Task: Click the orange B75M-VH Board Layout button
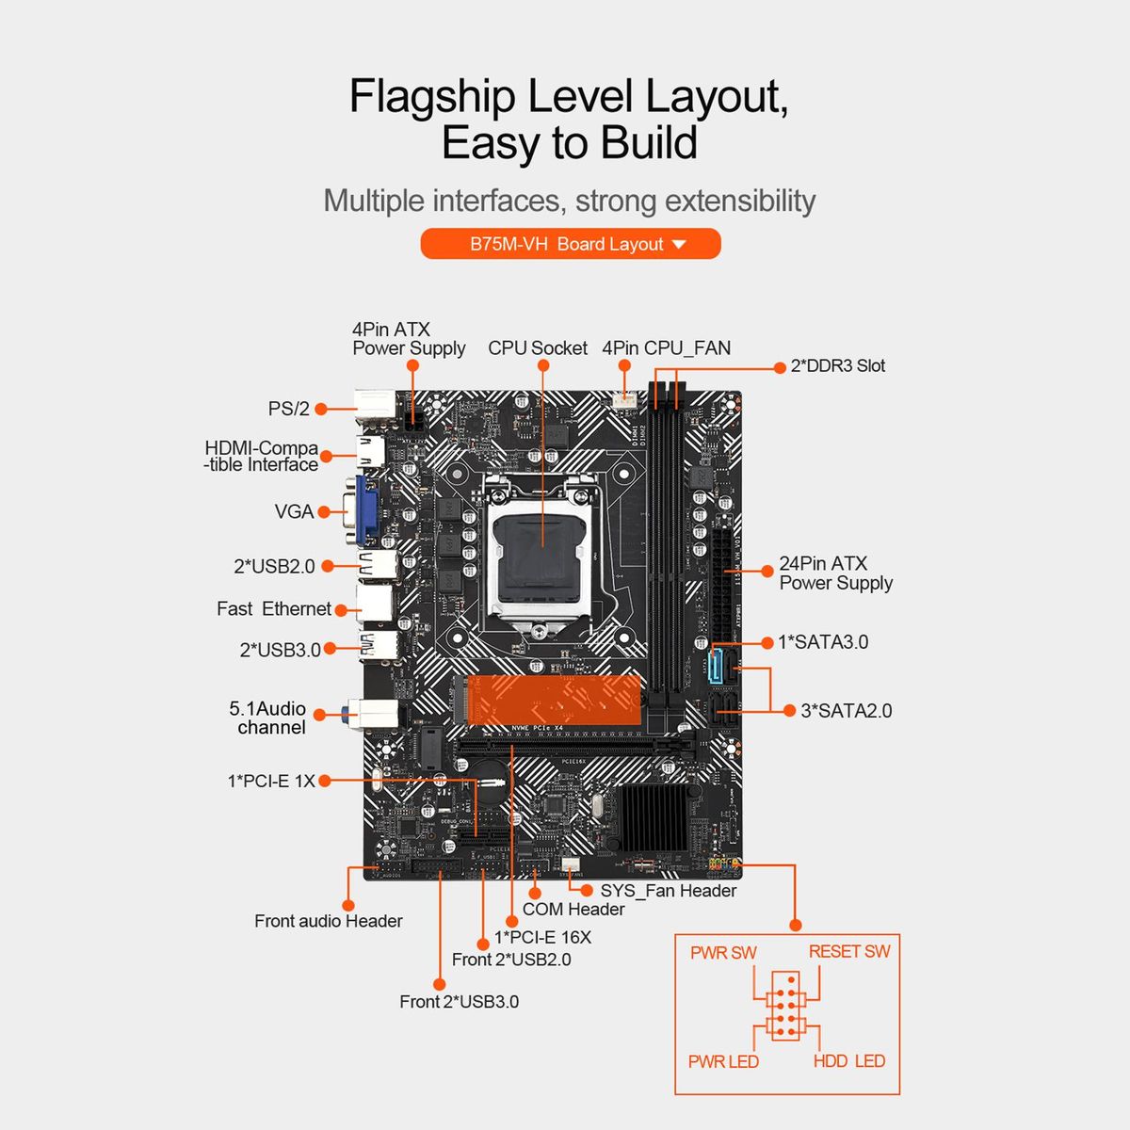pyautogui.click(x=570, y=244)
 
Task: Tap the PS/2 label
pyautogui.click(x=288, y=409)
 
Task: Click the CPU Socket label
pyautogui.click(x=537, y=348)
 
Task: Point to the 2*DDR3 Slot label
pyautogui.click(x=837, y=366)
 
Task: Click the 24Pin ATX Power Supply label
pyautogui.click(x=834, y=573)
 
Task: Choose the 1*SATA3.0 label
pyautogui.click(x=822, y=642)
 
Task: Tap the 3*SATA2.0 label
pyautogui.click(x=846, y=711)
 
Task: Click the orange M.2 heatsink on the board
pyautogui.click(x=553, y=699)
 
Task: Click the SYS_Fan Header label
pyautogui.click(x=668, y=891)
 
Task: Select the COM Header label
pyautogui.click(x=573, y=910)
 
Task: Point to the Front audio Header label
pyautogui.click(x=328, y=921)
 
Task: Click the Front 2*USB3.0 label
pyautogui.click(x=459, y=1002)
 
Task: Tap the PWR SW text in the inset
pyautogui.click(x=723, y=953)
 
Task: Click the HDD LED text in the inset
pyautogui.click(x=848, y=1061)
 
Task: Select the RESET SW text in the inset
pyautogui.click(x=848, y=952)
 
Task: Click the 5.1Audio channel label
pyautogui.click(x=268, y=718)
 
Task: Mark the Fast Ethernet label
pyautogui.click(x=273, y=609)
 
